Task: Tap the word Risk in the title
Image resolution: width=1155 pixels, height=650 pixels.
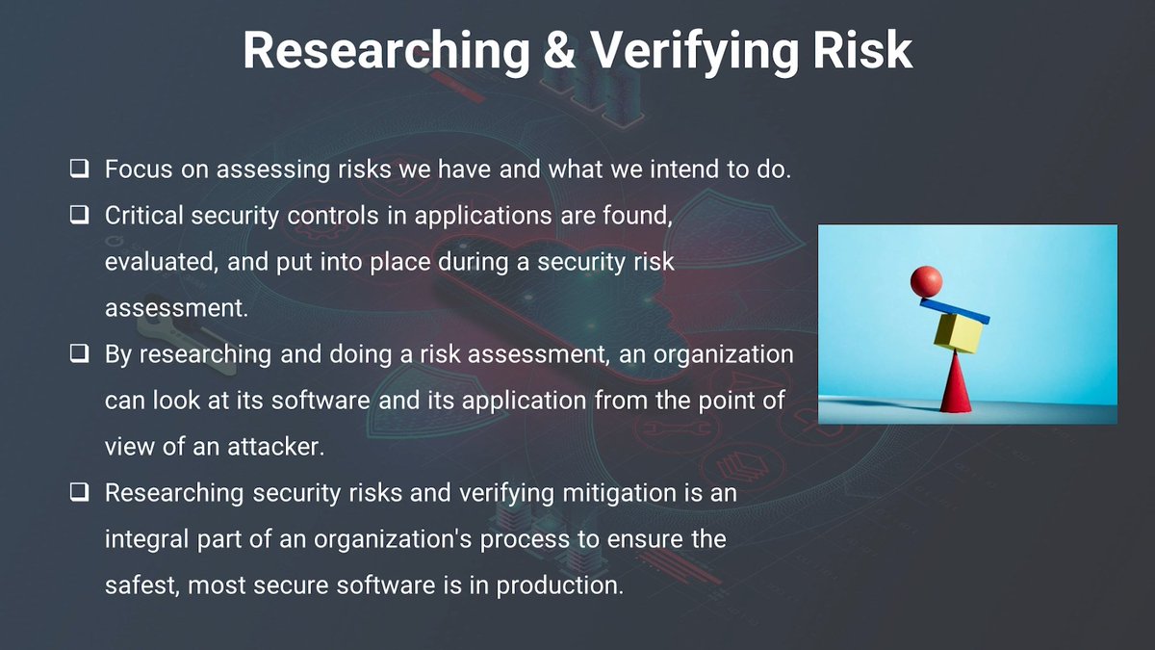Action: [x=863, y=50]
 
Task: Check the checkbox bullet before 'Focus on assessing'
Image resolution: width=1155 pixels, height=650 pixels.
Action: [x=79, y=169]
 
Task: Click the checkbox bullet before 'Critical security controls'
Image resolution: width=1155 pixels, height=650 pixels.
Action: [x=79, y=216]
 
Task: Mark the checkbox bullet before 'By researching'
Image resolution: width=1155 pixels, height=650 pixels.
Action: [x=79, y=354]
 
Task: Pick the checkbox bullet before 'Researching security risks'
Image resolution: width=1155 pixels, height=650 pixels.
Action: [x=79, y=493]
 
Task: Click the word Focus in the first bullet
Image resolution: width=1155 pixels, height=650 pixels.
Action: [x=132, y=169]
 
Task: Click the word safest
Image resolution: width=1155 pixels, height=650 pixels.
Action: [x=139, y=585]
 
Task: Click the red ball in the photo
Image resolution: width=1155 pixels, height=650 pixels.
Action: [x=926, y=281]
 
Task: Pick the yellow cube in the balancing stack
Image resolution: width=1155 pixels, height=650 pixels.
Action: [x=958, y=333]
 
